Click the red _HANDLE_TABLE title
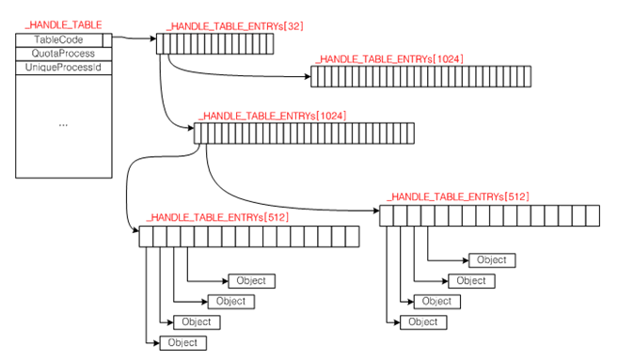point(63,25)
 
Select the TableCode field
point(58,39)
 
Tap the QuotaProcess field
point(63,54)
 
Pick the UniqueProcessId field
point(63,68)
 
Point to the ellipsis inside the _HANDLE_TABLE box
point(63,125)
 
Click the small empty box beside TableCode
point(107,40)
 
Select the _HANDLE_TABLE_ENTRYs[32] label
point(235,26)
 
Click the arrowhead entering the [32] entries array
point(153,39)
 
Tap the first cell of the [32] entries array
point(160,44)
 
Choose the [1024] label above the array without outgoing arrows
point(389,59)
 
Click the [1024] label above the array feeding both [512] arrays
point(273,116)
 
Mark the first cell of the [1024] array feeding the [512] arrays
point(198,133)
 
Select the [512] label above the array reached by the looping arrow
point(217,217)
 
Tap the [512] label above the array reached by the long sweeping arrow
point(458,196)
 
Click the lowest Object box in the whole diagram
point(182,343)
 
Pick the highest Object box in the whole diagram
point(492,260)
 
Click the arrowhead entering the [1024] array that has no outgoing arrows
point(308,76)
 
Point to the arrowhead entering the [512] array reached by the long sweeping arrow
point(376,211)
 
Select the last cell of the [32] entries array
point(270,44)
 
